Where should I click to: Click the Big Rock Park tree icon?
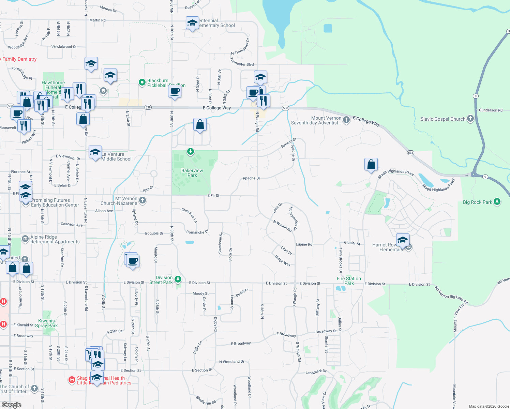[x=497, y=202]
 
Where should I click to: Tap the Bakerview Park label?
[x=192, y=173]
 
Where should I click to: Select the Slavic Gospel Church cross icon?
[x=470, y=119]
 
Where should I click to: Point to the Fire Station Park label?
[x=349, y=281]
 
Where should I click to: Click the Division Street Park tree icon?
[x=178, y=280]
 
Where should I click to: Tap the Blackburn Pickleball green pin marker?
[x=142, y=82]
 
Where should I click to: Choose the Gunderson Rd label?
[x=491, y=110]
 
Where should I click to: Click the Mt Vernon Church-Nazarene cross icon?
[x=143, y=200]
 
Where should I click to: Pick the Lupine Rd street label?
[x=304, y=244]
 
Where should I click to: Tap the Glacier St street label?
[x=352, y=243]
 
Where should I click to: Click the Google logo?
[x=11, y=405]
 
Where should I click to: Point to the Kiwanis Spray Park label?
[x=46, y=323]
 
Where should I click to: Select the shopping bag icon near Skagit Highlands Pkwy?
[x=371, y=165]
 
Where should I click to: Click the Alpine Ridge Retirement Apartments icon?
[x=25, y=239]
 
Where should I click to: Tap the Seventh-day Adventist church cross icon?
[x=346, y=120]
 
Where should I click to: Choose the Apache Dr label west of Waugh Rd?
[x=251, y=178]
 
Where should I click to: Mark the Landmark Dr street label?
[x=316, y=372]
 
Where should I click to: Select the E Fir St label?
[x=213, y=196]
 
